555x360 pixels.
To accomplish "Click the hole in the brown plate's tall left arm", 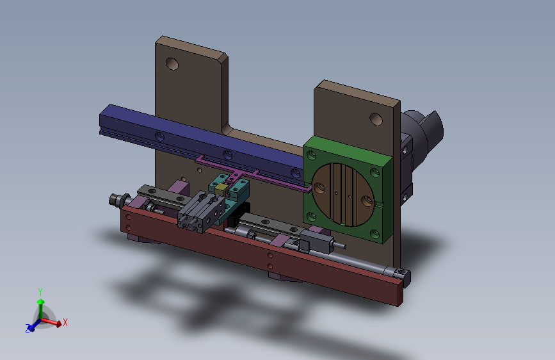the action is (172, 64).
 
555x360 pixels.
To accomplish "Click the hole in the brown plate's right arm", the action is (376, 119).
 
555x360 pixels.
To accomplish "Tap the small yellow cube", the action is (221, 190).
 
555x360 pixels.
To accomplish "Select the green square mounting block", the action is (348, 190).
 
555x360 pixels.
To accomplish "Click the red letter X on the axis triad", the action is (65, 322).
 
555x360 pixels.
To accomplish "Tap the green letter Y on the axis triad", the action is (40, 292).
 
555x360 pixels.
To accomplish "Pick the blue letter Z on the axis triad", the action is (28, 329).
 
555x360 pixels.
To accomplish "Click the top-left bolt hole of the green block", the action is (312, 155).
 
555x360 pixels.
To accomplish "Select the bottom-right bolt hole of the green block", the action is (375, 234).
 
